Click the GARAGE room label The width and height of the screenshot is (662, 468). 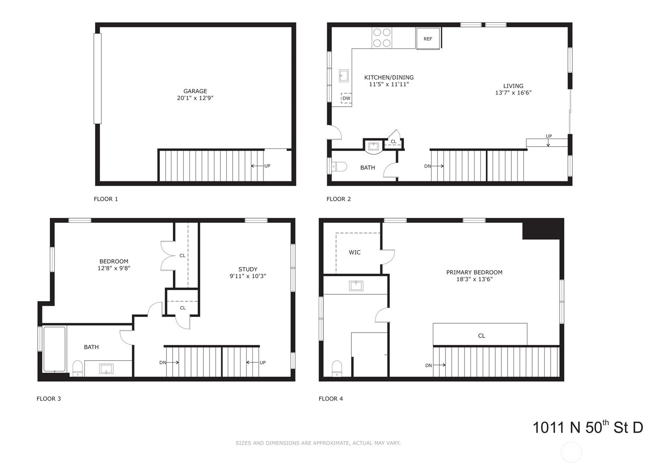tap(195, 91)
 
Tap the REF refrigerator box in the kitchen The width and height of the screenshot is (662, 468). tap(428, 39)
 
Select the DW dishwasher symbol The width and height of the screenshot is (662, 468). tap(346, 98)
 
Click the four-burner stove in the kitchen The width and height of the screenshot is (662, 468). tap(381, 38)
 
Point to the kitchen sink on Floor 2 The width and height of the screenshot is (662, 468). tap(344, 75)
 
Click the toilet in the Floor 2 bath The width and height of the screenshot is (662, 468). tap(338, 166)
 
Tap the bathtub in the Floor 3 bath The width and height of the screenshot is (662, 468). tap(54, 349)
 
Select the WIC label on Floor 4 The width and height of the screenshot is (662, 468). tap(355, 252)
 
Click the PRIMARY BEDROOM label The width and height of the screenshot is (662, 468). tap(474, 272)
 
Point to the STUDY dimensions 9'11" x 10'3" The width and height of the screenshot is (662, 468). tap(248, 276)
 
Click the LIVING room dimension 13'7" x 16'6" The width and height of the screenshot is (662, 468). tap(513, 92)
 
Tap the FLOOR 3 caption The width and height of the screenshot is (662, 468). tap(49, 398)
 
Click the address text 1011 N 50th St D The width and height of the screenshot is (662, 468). tap(587, 427)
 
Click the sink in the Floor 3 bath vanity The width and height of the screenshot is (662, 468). tap(106, 369)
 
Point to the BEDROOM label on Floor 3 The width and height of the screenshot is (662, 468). tap(114, 261)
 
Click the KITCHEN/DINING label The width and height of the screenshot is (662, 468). tap(389, 77)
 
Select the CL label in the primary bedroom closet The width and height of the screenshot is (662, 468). tap(482, 336)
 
